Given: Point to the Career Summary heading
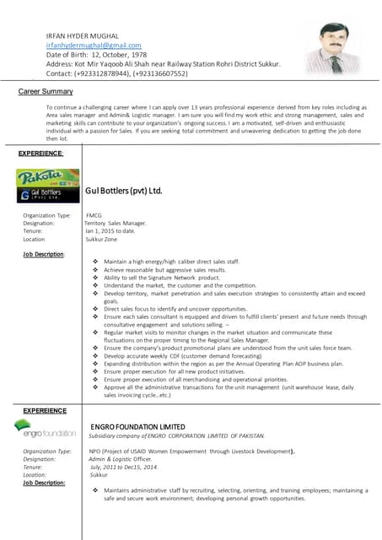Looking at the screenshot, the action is pyautogui.click(x=46, y=90).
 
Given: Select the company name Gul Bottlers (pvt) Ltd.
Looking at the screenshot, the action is pyautogui.click(x=123, y=192).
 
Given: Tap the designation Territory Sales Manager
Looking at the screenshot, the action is pyautogui.click(x=116, y=223).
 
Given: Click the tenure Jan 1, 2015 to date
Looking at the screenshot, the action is pyautogui.click(x=110, y=230).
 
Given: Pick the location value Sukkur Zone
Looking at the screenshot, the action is pyautogui.click(x=103, y=239).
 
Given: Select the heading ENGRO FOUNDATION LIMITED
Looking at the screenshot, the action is pyautogui.click(x=137, y=427).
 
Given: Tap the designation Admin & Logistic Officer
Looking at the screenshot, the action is pyautogui.click(x=123, y=459).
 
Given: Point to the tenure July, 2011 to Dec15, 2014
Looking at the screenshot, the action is pyautogui.click(x=123, y=467).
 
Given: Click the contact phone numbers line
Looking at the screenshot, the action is pyautogui.click(x=116, y=73).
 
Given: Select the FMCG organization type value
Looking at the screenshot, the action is pyautogui.click(x=94, y=215).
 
